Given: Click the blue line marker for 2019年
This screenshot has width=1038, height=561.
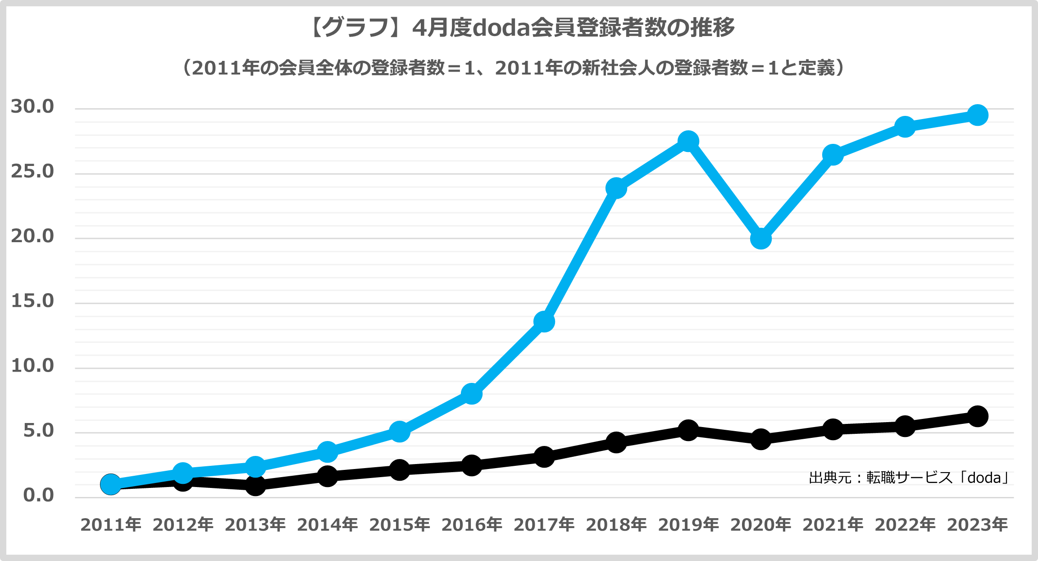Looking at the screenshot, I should click(688, 142).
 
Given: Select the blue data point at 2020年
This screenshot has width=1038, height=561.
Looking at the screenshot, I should click(760, 239).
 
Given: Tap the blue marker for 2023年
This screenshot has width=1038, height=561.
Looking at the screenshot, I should click(977, 115).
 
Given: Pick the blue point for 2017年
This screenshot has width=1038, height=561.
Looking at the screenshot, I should click(544, 322).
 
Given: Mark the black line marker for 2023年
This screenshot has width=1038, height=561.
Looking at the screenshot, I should click(977, 416).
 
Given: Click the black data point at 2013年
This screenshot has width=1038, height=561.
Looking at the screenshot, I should click(255, 486).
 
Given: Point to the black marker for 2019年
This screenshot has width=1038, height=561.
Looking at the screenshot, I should click(688, 430).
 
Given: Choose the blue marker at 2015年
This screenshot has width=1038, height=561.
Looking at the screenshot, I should click(399, 432).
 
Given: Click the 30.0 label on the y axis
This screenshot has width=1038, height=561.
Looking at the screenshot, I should click(32, 107).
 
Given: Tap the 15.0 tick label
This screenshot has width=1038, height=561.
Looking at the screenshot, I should click(32, 301).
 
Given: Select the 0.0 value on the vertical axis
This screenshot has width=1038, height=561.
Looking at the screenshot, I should click(38, 496).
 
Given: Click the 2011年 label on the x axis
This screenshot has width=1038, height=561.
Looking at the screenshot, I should click(111, 525).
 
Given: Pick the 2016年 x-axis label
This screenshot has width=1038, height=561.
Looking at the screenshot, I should click(472, 525).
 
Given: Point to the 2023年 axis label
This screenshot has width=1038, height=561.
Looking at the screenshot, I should click(977, 525).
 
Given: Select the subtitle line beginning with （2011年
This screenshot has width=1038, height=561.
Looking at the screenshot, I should click(514, 68).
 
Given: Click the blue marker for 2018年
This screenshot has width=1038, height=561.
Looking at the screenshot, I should click(616, 188).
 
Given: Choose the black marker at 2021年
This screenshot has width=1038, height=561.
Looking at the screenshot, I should click(833, 429).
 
